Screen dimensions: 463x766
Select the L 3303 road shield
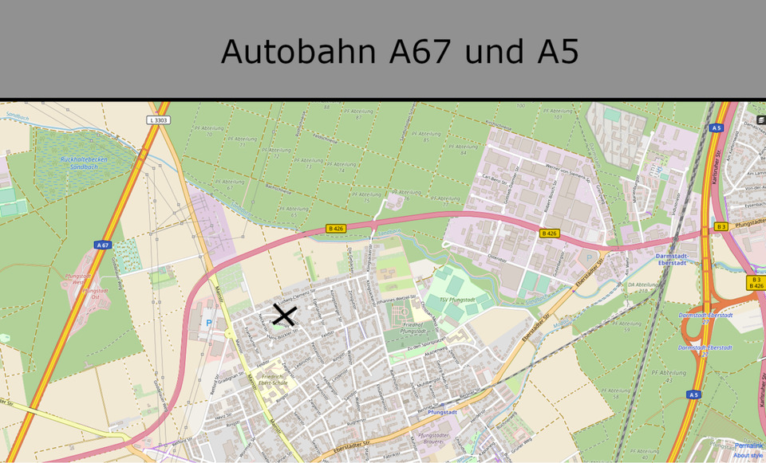(x=159, y=120)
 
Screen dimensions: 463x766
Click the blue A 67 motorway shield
(x=101, y=245)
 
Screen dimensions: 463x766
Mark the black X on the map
(x=283, y=315)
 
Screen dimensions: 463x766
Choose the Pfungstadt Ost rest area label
(x=95, y=294)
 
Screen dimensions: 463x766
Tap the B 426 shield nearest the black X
(x=336, y=229)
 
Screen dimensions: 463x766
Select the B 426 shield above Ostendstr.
(x=549, y=233)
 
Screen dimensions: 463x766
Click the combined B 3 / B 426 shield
(x=756, y=282)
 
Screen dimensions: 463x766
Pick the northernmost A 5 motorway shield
(x=716, y=128)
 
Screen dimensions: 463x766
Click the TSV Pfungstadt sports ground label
(x=459, y=300)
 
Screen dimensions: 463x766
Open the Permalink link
(x=748, y=445)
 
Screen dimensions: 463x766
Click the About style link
(x=748, y=455)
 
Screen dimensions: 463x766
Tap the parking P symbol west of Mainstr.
(x=209, y=324)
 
